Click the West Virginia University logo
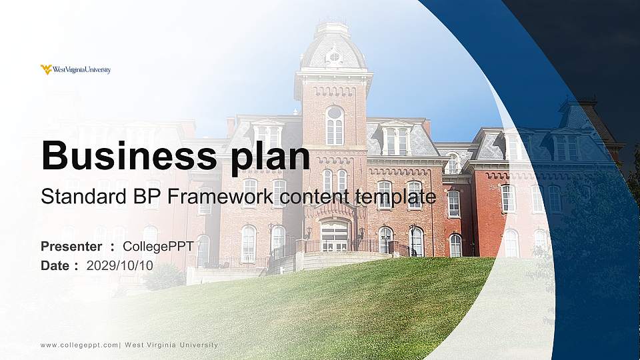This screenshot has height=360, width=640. [75, 69]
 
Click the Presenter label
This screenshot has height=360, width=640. [71, 247]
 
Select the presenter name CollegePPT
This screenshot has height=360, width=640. [158, 247]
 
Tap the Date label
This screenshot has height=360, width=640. [55, 265]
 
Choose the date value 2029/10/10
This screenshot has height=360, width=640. [120, 265]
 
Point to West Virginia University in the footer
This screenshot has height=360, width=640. [171, 345]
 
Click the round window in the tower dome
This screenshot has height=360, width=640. [333, 56]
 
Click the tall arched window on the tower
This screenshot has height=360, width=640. [334, 125]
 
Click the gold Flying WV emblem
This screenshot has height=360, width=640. [46, 69]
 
